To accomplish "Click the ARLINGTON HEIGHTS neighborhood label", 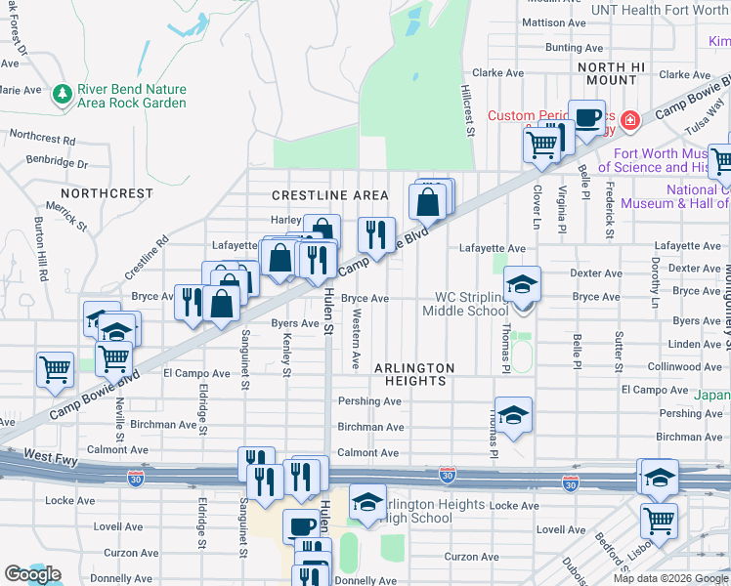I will coord(414,374).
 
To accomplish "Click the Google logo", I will coord(32,574).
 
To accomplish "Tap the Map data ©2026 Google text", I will coord(670,578).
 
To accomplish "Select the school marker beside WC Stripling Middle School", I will coord(523,285).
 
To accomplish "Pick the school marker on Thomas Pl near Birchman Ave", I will coord(513,416).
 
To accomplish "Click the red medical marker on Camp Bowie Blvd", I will coord(630,120).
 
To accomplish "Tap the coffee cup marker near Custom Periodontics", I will coord(586,118).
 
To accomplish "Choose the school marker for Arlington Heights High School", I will coord(367,502).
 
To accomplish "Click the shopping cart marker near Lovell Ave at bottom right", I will coord(660,521).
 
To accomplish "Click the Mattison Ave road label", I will coord(554,21).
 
